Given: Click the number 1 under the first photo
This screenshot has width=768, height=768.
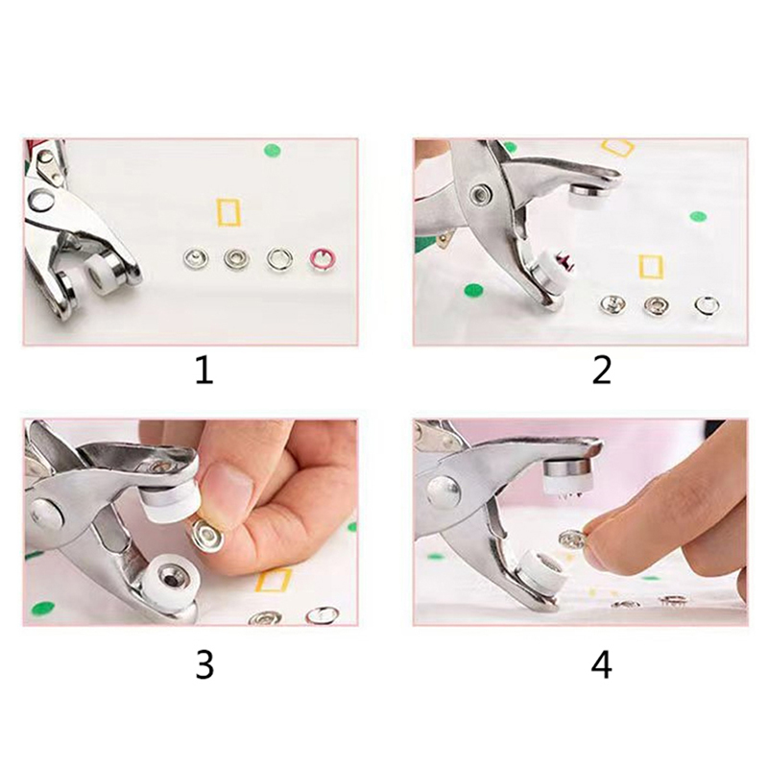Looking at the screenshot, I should pos(204,370).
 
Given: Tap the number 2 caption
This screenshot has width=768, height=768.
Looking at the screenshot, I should pos(602,370).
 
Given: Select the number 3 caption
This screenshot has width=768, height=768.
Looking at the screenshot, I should pos(204,665).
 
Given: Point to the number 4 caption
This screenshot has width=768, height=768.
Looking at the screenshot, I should pos(602,665).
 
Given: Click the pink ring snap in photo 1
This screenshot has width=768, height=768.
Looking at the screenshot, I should pos(321,258).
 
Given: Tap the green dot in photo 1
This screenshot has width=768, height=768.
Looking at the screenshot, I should pos(273,150).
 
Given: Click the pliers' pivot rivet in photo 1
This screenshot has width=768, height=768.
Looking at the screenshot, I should pos(41,202).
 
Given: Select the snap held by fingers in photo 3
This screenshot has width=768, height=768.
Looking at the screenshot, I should pos(205,535).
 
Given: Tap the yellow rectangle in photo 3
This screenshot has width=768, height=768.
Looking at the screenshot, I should pos(274,580).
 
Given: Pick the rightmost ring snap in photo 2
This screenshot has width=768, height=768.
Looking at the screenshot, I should pos(706,305).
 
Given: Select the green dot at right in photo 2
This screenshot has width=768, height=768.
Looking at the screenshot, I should pos(698,216).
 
